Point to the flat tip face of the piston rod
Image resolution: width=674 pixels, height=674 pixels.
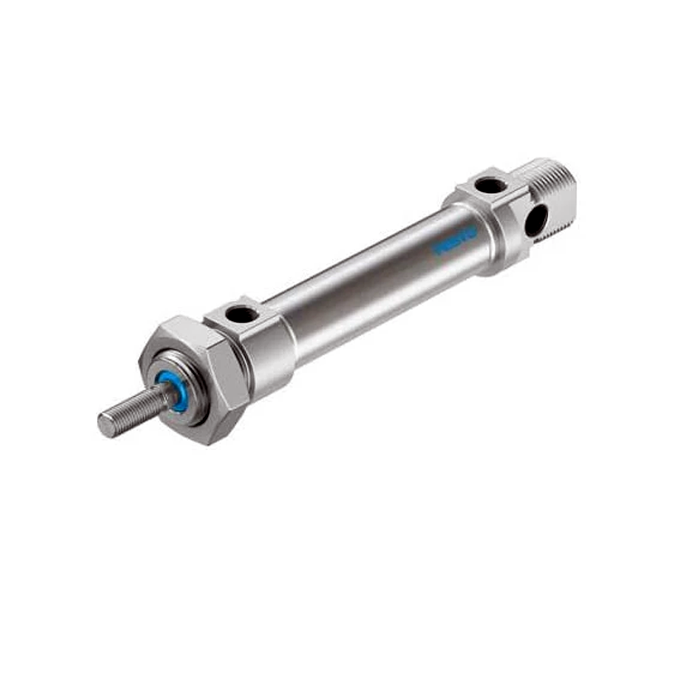tap(105, 425)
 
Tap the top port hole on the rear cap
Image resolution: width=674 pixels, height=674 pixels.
tap(490, 185)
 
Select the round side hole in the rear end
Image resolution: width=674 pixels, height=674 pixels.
tap(536, 220)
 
